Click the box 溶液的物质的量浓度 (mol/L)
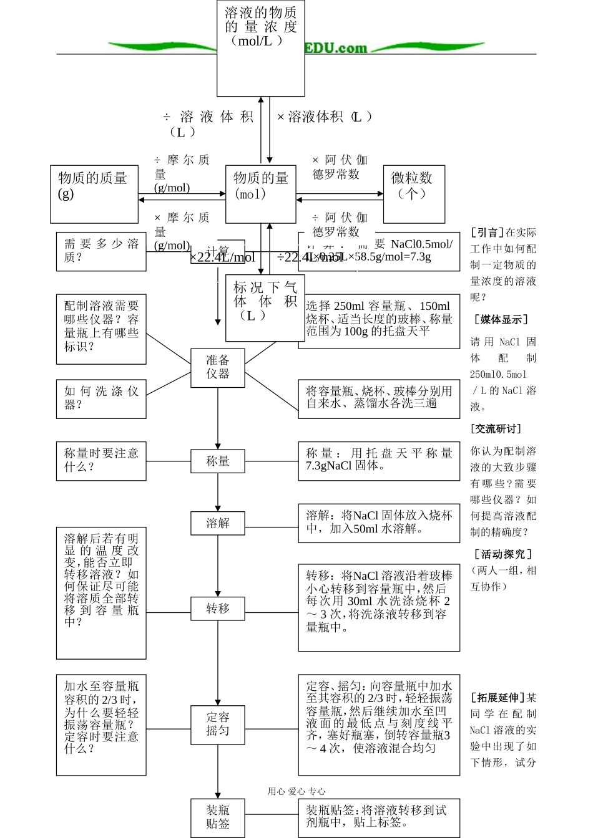(260, 49)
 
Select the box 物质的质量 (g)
(94, 194)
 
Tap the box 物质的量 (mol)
(260, 194)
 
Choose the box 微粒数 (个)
(413, 194)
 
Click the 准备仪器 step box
(217, 367)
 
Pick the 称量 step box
(217, 461)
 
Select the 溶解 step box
(217, 523)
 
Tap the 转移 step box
(217, 608)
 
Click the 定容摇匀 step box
(217, 724)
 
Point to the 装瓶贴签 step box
(217, 817)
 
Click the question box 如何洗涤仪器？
(101, 398)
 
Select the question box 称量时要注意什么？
(101, 461)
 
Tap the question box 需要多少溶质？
(101, 251)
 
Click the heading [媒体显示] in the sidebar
(501, 320)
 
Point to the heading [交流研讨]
(496, 429)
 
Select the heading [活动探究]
(503, 554)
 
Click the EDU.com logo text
(336, 48)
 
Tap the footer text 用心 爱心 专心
(296, 791)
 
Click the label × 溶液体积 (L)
(325, 117)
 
